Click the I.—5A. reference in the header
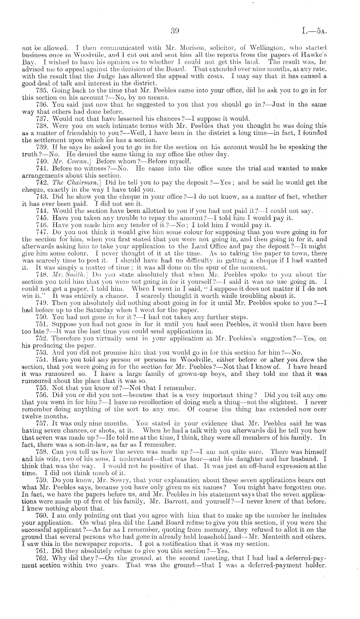313,31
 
